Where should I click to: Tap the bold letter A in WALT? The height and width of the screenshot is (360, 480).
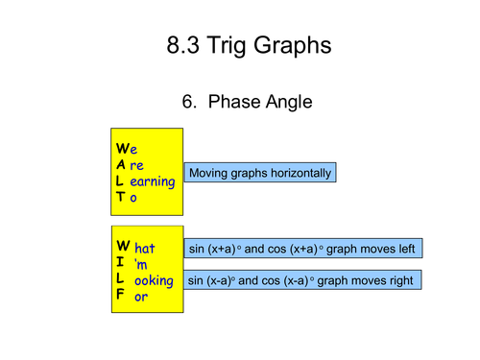point(120,165)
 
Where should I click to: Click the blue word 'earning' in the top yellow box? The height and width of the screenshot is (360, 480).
point(152,180)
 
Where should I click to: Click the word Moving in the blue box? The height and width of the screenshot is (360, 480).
point(210,174)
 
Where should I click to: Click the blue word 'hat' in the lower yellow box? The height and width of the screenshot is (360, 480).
point(145,249)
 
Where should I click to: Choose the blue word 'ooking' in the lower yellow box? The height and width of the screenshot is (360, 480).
point(154,280)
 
